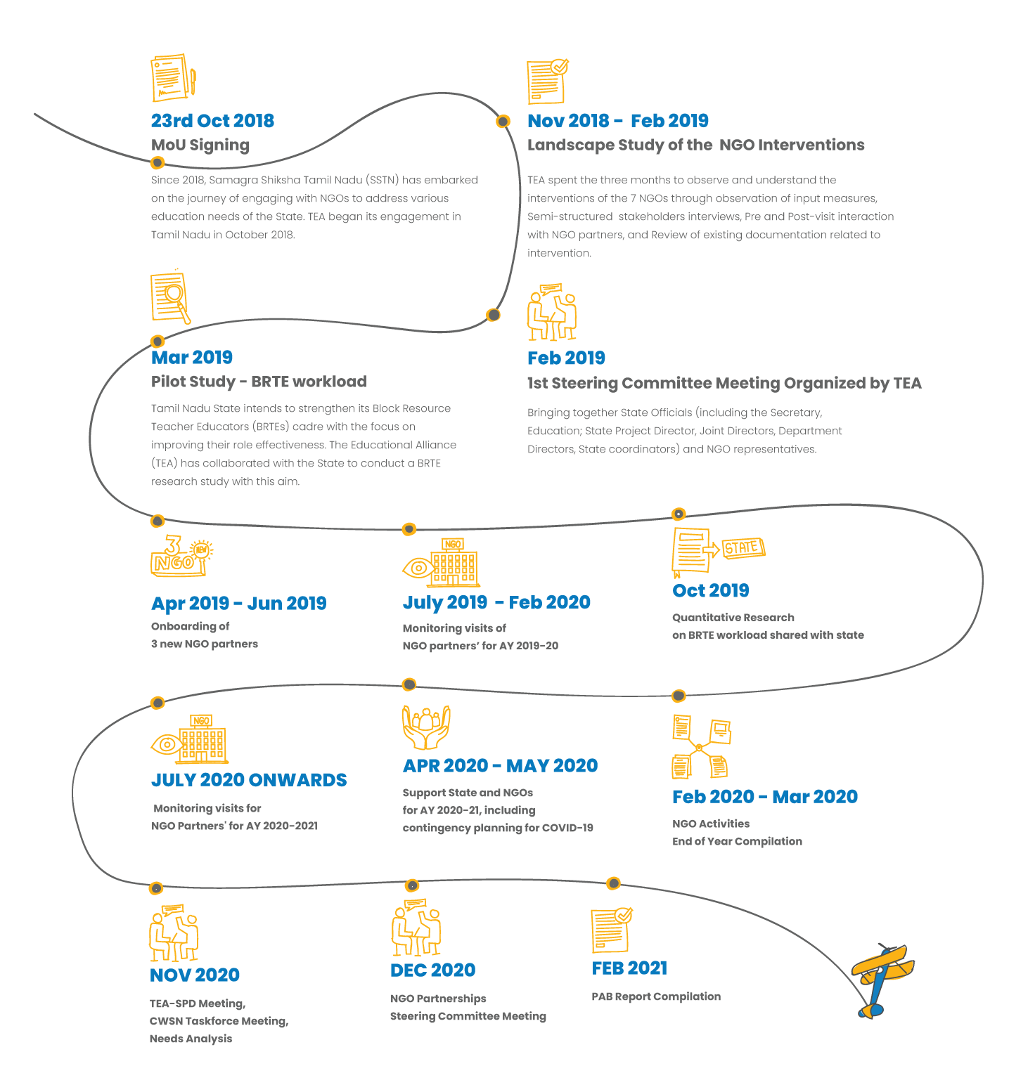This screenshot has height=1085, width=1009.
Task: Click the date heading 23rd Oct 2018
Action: [x=212, y=121]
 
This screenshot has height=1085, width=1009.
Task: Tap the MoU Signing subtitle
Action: [x=200, y=145]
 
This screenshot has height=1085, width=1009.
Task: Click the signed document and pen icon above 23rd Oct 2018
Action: [x=173, y=78]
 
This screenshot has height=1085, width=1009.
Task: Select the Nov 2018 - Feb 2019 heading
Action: [x=618, y=121]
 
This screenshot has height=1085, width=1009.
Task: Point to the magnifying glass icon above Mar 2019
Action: [x=171, y=298]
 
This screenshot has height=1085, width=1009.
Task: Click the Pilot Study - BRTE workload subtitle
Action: [x=259, y=382]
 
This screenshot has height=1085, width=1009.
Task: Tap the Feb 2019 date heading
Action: [x=566, y=358]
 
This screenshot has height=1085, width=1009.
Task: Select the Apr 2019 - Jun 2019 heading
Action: [x=239, y=603]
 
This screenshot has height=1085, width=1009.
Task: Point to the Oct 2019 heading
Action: [x=711, y=590]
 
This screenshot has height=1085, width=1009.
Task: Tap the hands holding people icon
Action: [x=426, y=728]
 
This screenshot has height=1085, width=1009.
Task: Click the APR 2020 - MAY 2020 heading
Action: [x=500, y=766]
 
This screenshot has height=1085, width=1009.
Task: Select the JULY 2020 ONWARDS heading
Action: [x=249, y=780]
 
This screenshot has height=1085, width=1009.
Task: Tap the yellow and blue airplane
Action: [x=882, y=978]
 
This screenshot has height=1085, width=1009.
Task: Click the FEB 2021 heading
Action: [x=629, y=968]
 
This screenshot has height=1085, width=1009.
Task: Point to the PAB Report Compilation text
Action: [x=656, y=996]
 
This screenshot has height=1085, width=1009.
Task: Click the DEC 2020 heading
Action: [x=433, y=970]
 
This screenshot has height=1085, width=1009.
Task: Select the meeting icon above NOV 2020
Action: [x=174, y=933]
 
